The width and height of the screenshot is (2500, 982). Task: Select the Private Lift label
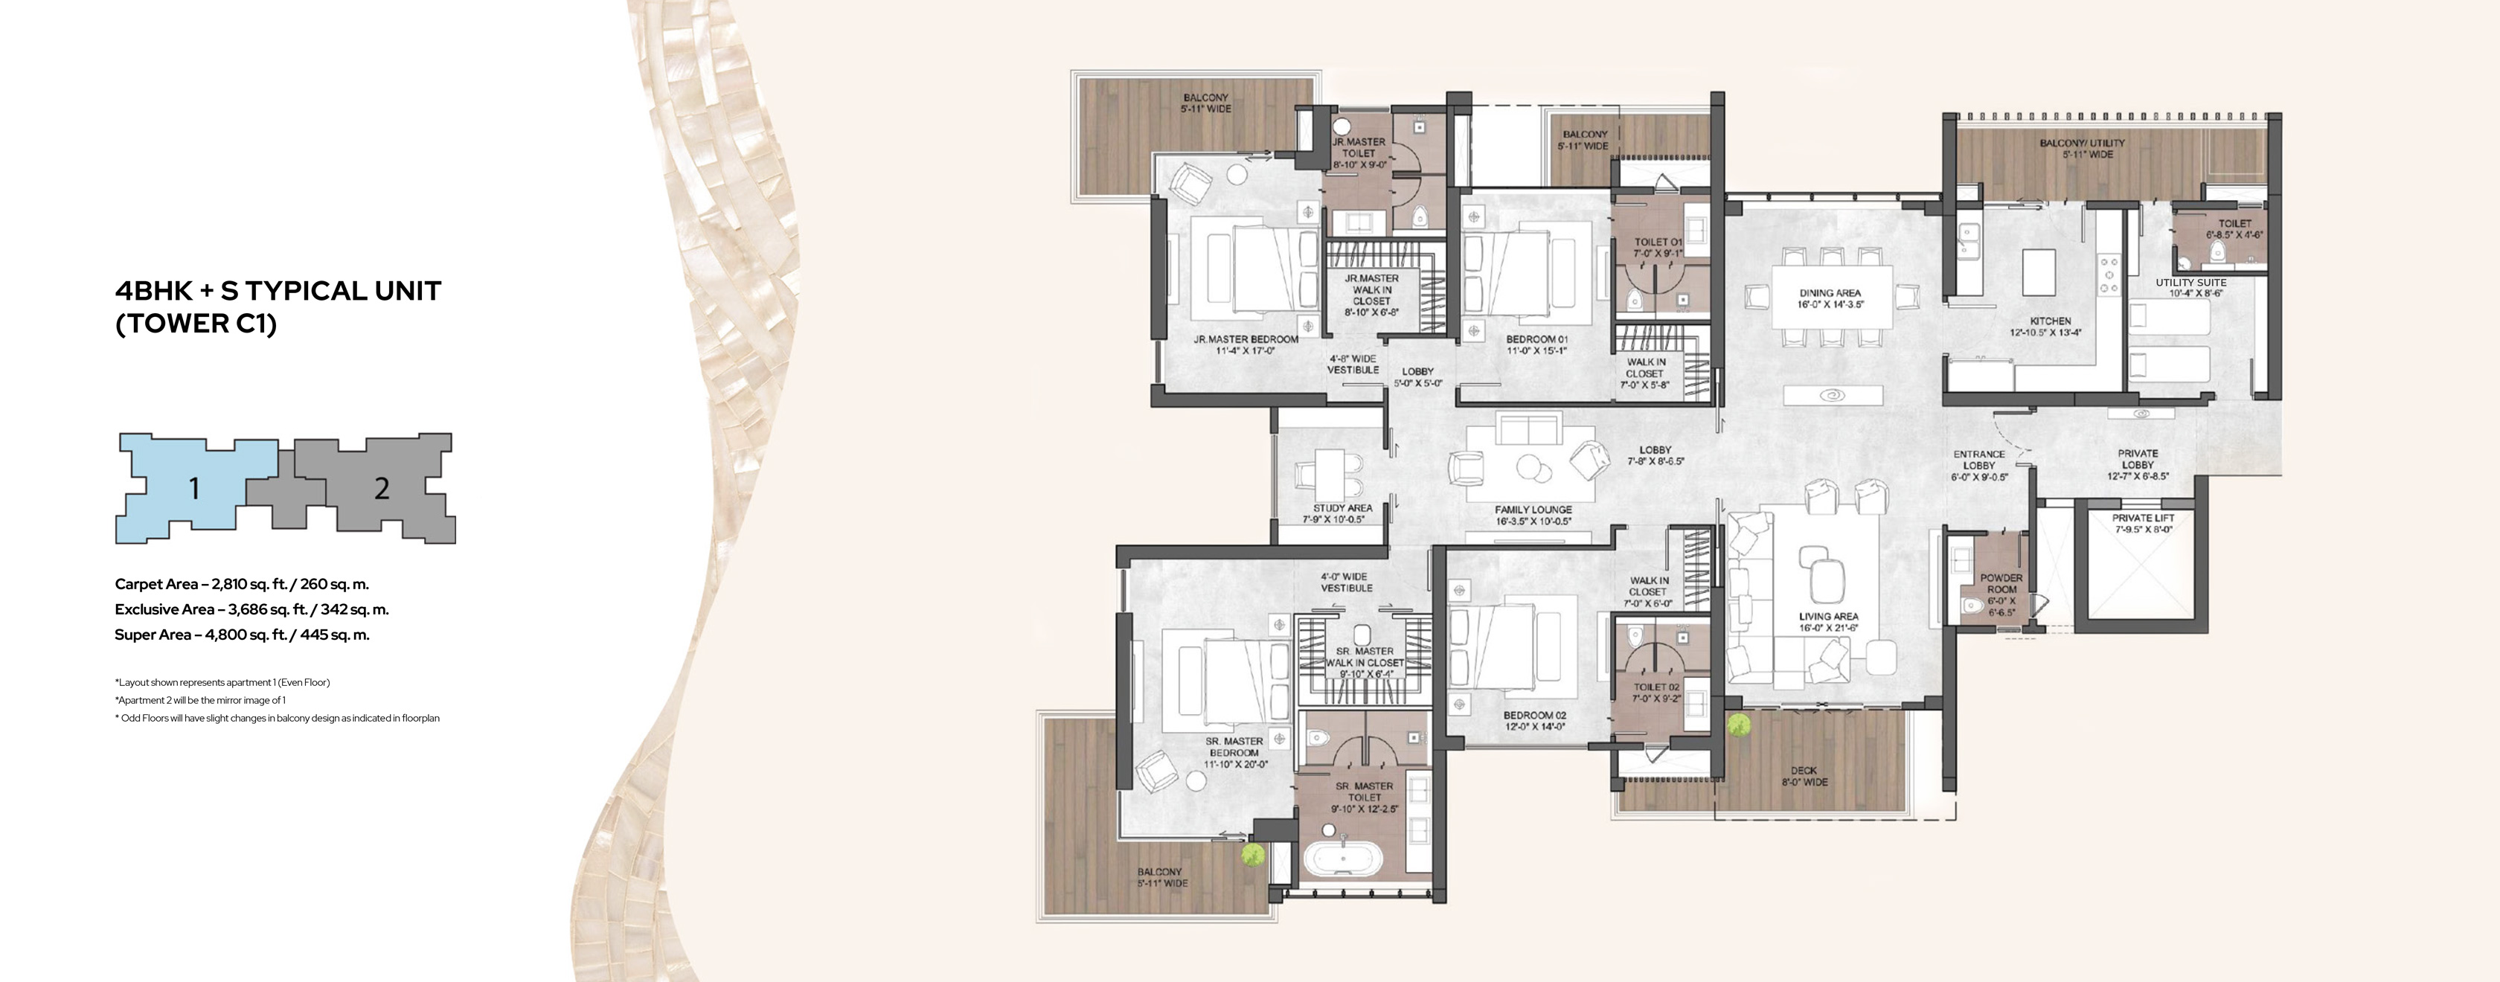2143,524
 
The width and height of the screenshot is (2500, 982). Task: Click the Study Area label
1342,513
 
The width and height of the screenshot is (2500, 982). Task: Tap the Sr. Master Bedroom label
1234,752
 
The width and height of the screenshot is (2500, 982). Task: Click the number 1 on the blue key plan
194,489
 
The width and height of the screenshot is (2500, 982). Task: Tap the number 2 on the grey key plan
382,488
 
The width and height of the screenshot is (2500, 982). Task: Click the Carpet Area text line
242,584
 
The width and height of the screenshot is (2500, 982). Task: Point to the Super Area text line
242,635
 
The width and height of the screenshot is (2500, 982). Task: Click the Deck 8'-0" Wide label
1804,776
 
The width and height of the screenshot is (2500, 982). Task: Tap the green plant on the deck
1738,725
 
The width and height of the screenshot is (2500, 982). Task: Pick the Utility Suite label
2190,287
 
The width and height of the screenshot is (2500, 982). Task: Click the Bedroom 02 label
1535,720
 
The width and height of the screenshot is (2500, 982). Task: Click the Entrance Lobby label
1979,466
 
